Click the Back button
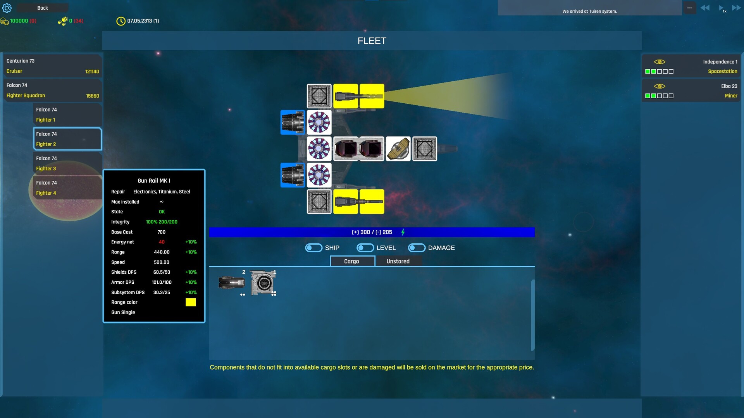point(43,8)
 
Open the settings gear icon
point(7,8)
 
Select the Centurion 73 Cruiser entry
point(53,66)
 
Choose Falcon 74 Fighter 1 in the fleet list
point(67,115)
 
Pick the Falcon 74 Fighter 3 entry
point(67,163)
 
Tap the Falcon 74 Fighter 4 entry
point(67,188)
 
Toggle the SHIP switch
point(313,248)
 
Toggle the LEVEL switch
point(365,248)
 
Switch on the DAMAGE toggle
point(417,248)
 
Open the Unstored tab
point(398,261)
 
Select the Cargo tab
point(352,261)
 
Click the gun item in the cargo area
point(232,283)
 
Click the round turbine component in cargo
point(263,283)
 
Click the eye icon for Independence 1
point(660,62)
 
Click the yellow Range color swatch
point(191,302)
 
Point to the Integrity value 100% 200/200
point(162,222)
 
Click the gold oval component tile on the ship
point(398,149)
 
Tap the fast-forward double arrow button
point(736,8)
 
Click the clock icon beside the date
point(121,21)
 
